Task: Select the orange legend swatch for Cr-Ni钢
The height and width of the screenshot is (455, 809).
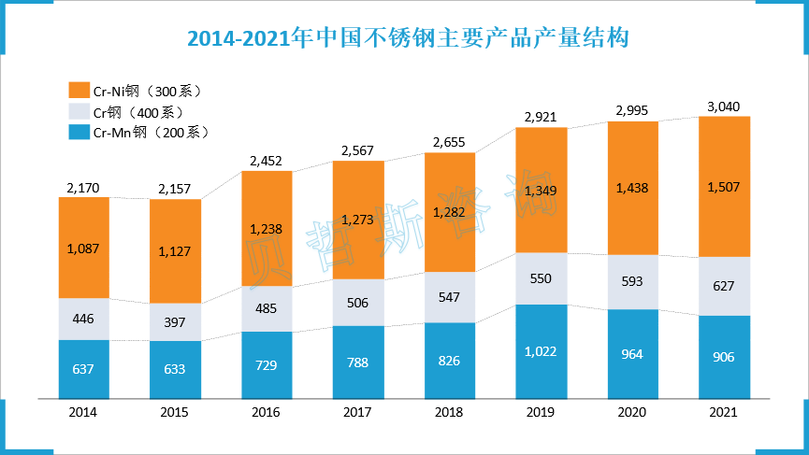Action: [79, 91]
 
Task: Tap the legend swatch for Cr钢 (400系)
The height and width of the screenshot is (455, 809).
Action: [79, 111]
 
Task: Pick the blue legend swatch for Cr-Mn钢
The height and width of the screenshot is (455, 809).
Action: [79, 132]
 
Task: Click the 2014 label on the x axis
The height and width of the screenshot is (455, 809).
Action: [83, 411]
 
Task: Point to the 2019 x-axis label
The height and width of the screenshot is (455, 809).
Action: [542, 411]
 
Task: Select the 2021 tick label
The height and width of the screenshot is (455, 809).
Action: [724, 411]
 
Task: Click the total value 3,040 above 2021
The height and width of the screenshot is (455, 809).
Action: [724, 106]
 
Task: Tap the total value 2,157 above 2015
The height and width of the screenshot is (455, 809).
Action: [175, 190]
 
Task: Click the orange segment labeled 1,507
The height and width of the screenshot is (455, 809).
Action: [724, 187]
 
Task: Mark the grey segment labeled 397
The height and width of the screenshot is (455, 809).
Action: [175, 322]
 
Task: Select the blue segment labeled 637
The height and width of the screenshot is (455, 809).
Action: [83, 368]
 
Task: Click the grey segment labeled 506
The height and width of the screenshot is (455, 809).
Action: [358, 302]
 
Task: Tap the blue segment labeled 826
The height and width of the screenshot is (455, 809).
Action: [450, 361]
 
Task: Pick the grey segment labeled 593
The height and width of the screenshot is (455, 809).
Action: [632, 281]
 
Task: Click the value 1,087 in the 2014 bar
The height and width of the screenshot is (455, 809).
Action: [83, 249]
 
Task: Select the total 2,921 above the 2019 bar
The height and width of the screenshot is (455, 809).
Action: [542, 117]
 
